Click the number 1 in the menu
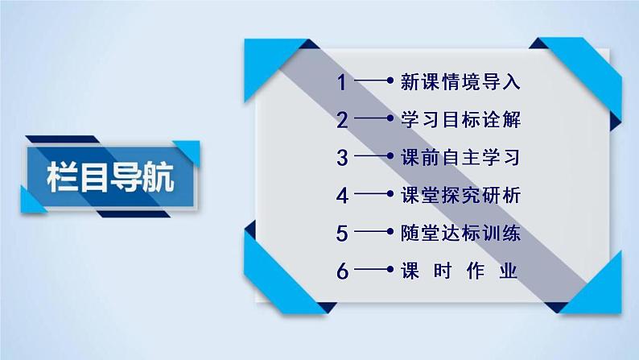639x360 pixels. (x=344, y=82)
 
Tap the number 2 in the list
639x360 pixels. (x=344, y=121)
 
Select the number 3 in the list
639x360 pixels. (x=344, y=158)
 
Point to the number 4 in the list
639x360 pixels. (x=344, y=196)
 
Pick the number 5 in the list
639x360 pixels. (x=344, y=234)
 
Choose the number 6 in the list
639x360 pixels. (x=344, y=271)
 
